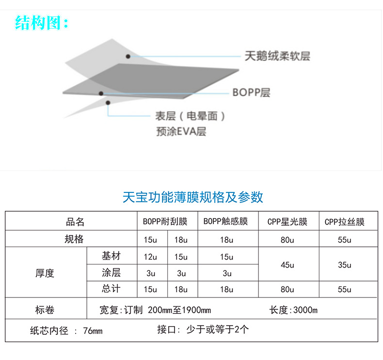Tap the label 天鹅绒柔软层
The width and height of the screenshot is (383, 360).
click(277, 56)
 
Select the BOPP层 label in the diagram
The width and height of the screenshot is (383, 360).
click(251, 92)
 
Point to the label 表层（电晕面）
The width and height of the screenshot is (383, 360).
click(190, 116)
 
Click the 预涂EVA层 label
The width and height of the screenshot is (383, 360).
click(181, 131)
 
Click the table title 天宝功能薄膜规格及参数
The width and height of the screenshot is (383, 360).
click(192, 197)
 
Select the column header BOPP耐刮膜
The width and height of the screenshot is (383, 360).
click(165, 222)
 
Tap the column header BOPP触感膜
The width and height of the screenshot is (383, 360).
click(225, 222)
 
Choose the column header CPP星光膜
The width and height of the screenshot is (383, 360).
click(287, 222)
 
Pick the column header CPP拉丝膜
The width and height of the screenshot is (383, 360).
click(344, 222)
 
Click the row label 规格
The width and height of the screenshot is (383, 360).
click(74, 239)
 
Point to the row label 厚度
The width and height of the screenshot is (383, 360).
click(45, 273)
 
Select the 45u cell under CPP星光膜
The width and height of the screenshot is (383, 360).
click(287, 265)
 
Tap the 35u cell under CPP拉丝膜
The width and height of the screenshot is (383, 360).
click(345, 265)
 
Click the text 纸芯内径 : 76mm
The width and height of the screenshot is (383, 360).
click(66, 331)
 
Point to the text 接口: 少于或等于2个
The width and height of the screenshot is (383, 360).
click(203, 330)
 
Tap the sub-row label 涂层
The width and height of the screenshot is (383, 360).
click(111, 272)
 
